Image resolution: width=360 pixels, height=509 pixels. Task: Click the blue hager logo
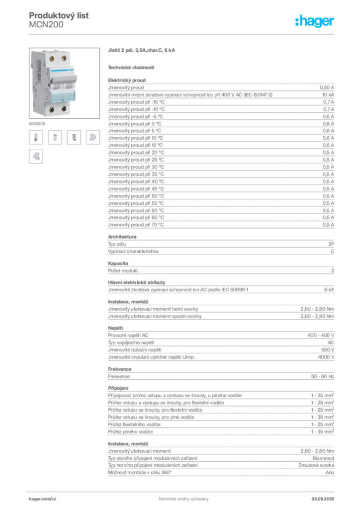[x=315, y=21]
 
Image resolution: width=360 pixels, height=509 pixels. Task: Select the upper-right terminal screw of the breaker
[x=63, y=58]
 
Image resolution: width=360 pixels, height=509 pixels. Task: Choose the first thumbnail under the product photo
[x=36, y=138]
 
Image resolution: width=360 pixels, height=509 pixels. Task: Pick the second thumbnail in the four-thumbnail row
[x=56, y=138]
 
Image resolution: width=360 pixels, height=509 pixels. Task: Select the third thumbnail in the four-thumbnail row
[x=75, y=138]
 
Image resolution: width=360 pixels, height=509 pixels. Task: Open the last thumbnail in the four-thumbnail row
[x=93, y=138]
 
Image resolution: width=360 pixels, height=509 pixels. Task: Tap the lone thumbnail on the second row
[x=36, y=157]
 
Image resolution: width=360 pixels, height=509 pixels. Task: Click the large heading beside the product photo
[x=143, y=51]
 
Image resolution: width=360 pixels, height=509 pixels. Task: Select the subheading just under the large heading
[x=131, y=67]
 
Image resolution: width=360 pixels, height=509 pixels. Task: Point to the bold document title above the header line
[x=60, y=15]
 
